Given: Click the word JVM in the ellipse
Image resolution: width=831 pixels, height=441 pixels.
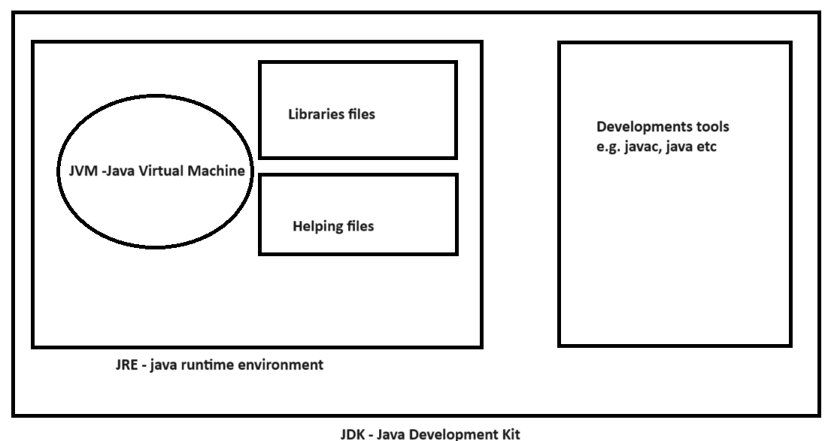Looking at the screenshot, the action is click(x=71, y=171).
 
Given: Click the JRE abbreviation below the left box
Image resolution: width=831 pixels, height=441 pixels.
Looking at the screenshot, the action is click(x=126, y=366).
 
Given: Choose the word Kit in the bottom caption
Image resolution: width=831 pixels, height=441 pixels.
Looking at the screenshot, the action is click(x=508, y=433).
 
